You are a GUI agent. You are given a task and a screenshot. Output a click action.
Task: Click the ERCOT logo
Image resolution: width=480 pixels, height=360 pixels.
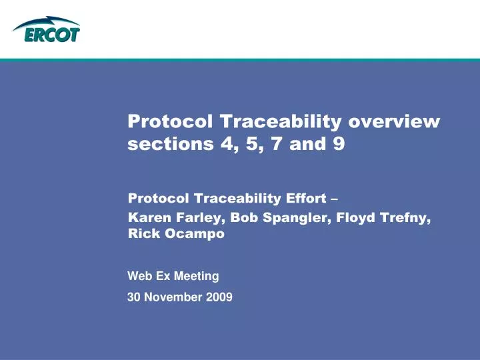45,31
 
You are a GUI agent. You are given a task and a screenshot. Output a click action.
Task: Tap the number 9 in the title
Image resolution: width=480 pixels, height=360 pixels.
339,144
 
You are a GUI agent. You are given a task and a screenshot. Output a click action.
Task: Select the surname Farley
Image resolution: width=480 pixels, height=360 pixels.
191,217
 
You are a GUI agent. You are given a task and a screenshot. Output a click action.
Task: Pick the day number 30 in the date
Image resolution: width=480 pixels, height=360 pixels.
133,298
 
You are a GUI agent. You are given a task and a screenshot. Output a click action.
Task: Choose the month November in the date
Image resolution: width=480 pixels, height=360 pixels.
173,298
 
